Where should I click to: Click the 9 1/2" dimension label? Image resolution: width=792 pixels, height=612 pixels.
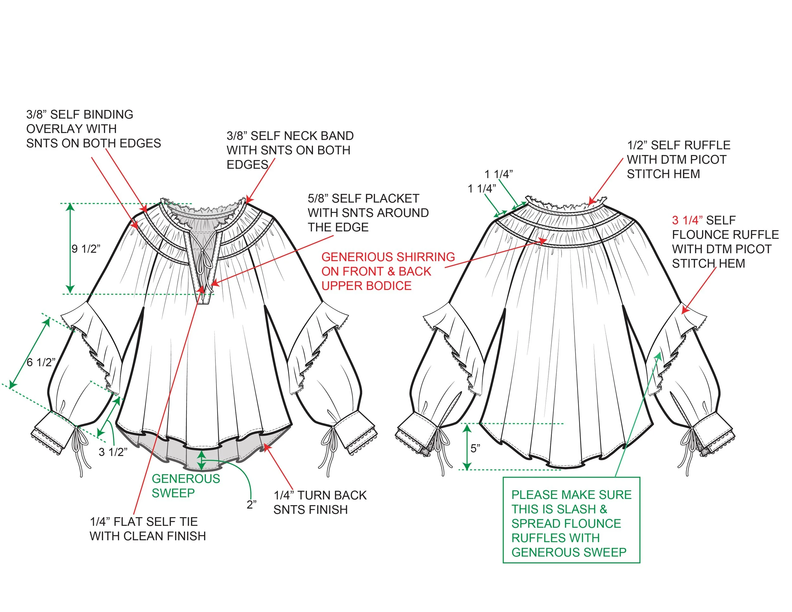(86, 249)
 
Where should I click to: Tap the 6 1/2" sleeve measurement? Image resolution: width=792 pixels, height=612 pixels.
(41, 362)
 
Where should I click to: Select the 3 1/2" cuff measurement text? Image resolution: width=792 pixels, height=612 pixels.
(113, 452)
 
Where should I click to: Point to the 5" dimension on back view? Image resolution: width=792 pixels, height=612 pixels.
(476, 449)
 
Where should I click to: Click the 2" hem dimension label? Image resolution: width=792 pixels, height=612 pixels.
(252, 504)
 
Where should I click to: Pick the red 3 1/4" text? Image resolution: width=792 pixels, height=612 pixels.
(687, 220)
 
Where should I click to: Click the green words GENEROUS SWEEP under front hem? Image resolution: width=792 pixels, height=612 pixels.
(186, 486)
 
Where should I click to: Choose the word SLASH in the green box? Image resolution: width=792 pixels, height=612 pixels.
(577, 509)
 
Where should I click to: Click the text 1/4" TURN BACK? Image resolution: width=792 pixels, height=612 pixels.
(320, 495)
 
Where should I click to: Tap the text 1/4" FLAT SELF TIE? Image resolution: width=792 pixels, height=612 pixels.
(144, 522)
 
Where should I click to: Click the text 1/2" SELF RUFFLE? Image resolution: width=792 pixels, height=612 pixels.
(679, 145)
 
